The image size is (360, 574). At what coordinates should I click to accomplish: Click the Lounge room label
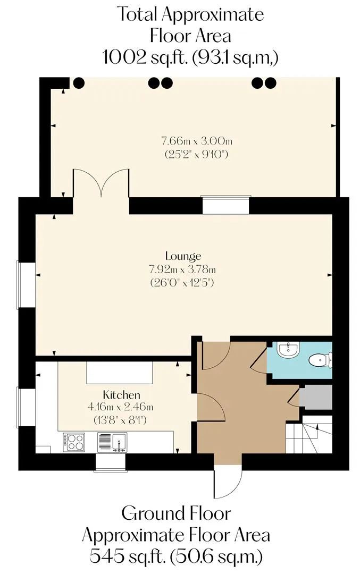[x=183, y=256]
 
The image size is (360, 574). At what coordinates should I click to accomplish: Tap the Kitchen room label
[x=121, y=394]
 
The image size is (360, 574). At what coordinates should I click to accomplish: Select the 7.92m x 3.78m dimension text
[x=182, y=269]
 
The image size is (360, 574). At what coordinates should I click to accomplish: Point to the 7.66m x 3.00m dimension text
[x=197, y=140]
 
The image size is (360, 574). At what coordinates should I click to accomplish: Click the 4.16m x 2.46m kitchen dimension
[x=120, y=407]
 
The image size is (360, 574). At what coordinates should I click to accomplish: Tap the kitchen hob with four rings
[x=74, y=442]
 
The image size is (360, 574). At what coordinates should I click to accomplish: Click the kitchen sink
[x=112, y=442]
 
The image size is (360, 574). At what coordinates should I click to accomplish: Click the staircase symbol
[x=309, y=438]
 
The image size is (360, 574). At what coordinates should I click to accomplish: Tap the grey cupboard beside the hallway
[x=316, y=397]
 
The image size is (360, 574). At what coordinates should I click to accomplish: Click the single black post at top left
[x=78, y=83]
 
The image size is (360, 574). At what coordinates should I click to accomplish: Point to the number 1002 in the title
[x=123, y=57]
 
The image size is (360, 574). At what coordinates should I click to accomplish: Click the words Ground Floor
[x=176, y=513]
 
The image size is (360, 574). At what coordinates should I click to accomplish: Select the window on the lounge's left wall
[x=27, y=284]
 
